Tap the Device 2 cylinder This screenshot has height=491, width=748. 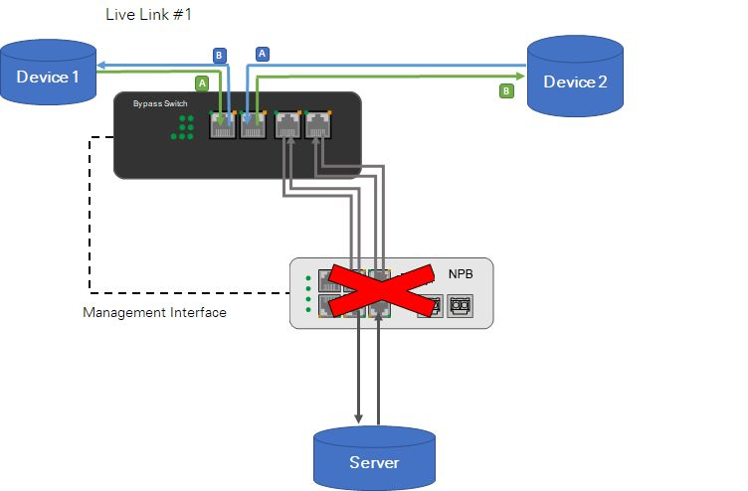575,78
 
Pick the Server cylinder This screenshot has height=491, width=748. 374,458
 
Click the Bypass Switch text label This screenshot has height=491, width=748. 160,102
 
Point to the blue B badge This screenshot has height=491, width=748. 220,55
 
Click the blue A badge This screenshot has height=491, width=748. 263,54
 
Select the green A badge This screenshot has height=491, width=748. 202,83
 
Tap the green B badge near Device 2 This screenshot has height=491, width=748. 505,91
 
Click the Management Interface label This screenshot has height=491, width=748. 155,312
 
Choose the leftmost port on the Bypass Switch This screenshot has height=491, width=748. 222,126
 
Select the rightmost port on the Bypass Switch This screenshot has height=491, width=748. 318,126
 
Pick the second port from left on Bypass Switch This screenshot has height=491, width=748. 254,126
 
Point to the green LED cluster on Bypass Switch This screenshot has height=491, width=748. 182,126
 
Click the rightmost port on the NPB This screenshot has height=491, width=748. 460,307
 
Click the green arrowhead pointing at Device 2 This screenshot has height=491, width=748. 520,75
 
